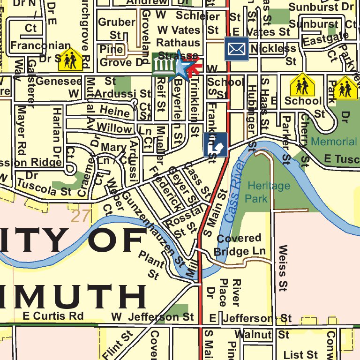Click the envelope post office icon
click(x=236, y=49)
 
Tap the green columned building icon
click(x=162, y=66)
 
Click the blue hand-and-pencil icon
click(x=216, y=145)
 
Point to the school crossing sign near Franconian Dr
click(x=71, y=60)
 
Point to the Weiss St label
click(x=283, y=266)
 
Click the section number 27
click(x=80, y=216)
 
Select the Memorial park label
click(x=334, y=141)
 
